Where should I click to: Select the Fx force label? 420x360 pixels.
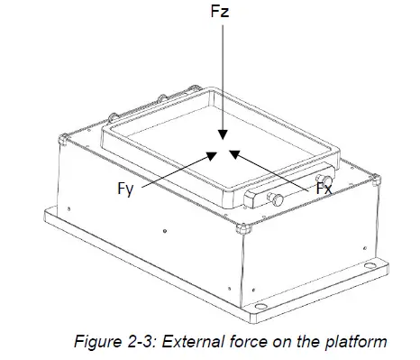coord(323,190)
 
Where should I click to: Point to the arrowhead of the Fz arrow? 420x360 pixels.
coord(220,141)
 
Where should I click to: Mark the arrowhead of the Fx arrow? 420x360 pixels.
coord(233,152)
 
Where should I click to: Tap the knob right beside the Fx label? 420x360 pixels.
coord(328,183)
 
